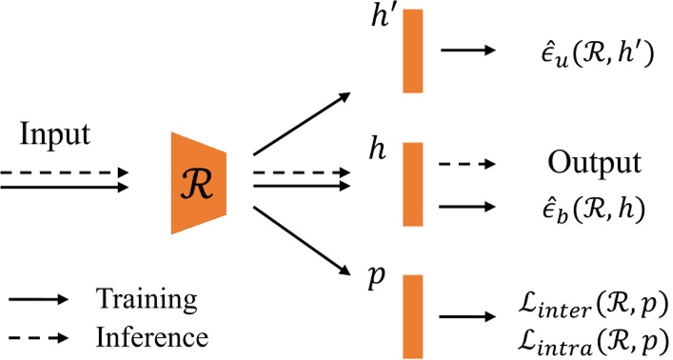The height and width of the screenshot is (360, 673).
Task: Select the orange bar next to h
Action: coord(412,182)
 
